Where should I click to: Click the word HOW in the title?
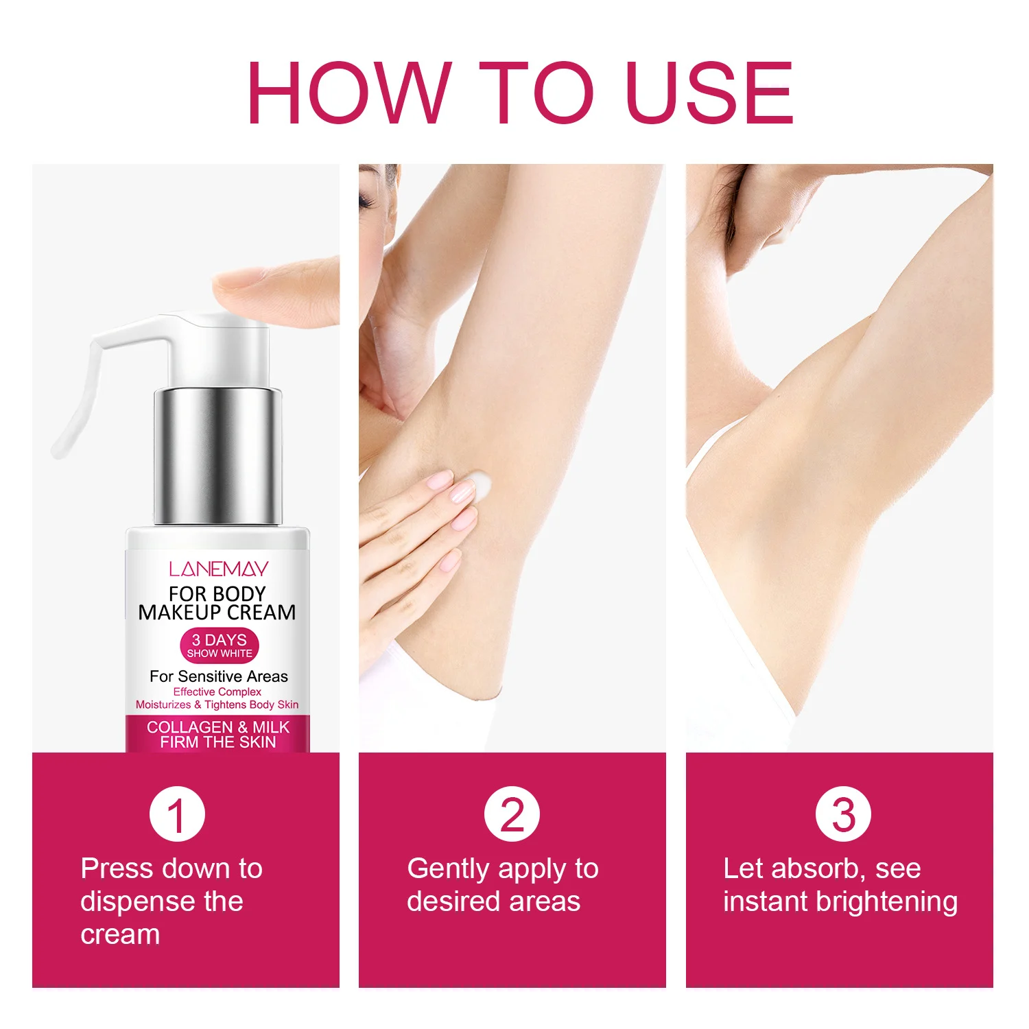(349, 93)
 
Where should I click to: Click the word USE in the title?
(709, 93)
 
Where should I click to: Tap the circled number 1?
(177, 814)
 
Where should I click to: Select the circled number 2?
(512, 814)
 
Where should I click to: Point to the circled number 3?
(843, 814)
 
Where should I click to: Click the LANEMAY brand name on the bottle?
(218, 569)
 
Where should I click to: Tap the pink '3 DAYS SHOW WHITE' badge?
(220, 646)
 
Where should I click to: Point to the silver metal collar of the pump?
(218, 457)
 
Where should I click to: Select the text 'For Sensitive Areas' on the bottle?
(219, 676)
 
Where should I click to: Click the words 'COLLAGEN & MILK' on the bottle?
(218, 726)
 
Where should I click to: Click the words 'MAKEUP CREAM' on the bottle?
(217, 612)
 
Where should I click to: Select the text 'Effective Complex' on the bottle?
(217, 692)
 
